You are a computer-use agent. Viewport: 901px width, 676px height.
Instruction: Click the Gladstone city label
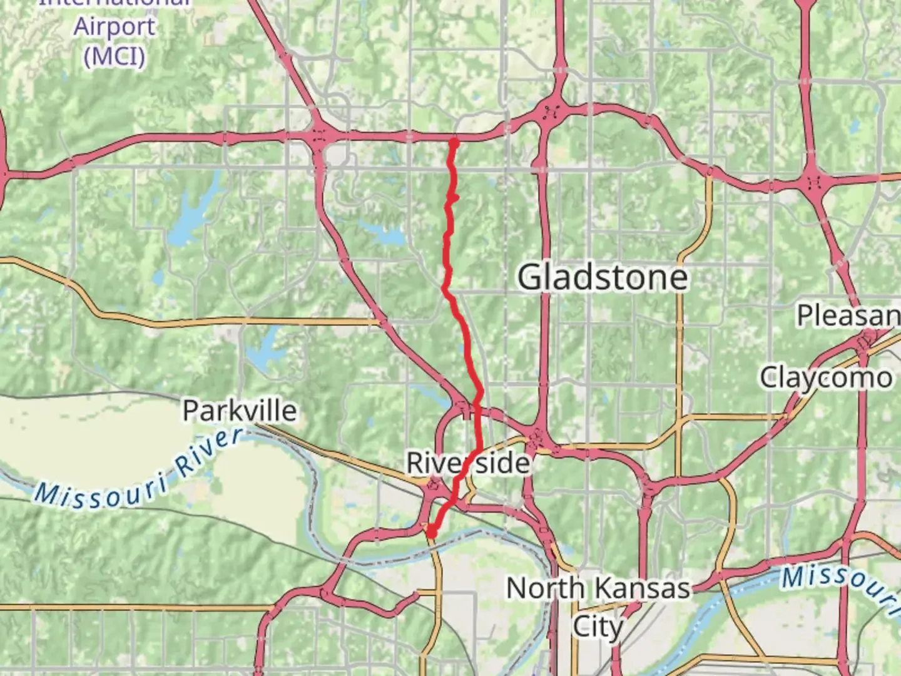tap(603, 277)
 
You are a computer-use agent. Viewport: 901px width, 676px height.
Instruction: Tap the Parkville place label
tap(240, 411)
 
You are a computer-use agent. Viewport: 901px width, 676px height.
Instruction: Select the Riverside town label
tap(468, 463)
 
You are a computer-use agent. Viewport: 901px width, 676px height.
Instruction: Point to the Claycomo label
tap(826, 377)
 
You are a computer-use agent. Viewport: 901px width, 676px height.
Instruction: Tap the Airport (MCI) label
tap(114, 41)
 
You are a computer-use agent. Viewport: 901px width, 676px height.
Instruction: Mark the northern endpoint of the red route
tap(454, 143)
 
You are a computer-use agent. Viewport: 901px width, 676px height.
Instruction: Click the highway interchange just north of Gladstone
tap(551, 113)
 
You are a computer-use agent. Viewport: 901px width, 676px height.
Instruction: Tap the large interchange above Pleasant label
tap(814, 182)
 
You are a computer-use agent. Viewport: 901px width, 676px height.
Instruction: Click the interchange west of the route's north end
tap(320, 136)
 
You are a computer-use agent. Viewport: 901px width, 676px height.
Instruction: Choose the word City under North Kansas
tap(598, 626)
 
